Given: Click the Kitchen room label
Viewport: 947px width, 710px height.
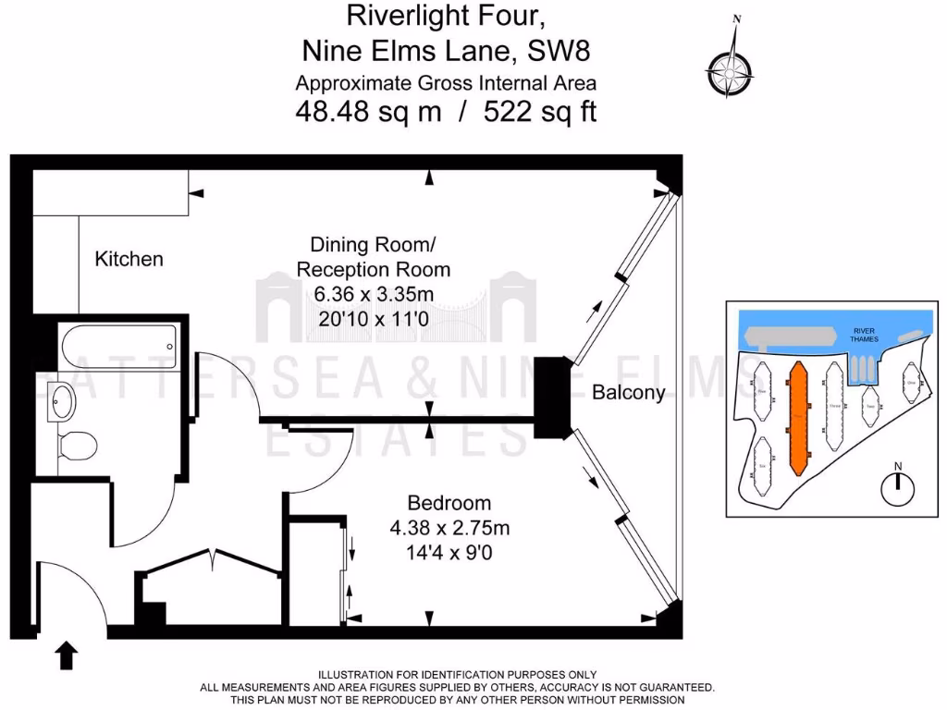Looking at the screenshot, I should [x=129, y=259].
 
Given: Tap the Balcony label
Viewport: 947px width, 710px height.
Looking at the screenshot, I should [x=628, y=393].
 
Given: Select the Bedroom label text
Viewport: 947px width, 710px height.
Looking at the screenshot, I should [x=449, y=504].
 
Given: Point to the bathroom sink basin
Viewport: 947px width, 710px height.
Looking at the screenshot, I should [x=63, y=399].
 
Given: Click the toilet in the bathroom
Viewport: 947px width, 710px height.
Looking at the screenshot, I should [x=76, y=446].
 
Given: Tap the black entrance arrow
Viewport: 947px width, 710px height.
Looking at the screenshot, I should [x=68, y=655].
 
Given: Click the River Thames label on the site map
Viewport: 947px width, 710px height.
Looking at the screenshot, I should [x=865, y=335].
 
